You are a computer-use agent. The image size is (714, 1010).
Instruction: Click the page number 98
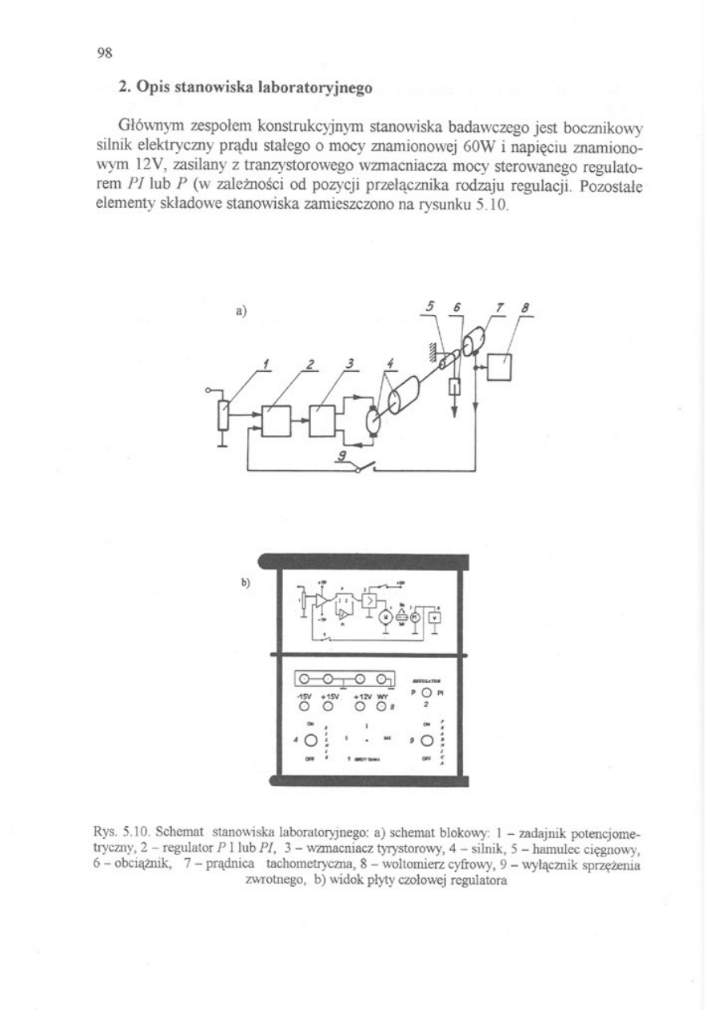click(105, 53)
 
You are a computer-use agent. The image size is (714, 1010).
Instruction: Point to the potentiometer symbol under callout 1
click(224, 417)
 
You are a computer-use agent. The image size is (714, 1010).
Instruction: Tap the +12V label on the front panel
click(363, 696)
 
